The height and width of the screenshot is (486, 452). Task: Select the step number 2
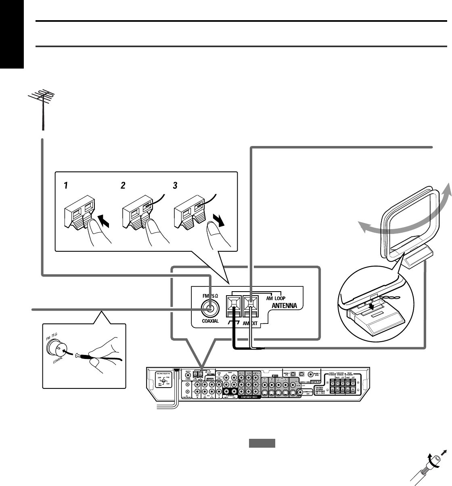tap(123, 186)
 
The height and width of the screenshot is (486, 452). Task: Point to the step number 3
tap(175, 186)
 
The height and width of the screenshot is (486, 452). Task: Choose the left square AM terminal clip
tap(234, 302)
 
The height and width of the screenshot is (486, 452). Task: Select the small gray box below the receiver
tap(262, 444)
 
